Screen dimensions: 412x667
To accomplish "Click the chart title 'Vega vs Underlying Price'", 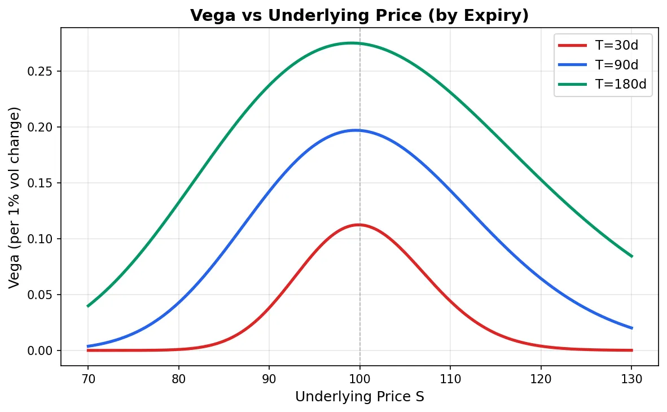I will (x=359, y=15).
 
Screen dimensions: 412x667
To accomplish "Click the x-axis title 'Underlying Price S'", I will (x=359, y=397).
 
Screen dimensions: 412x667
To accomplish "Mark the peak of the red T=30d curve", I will (x=358, y=225).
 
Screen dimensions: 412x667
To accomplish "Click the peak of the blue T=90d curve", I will (x=356, y=130).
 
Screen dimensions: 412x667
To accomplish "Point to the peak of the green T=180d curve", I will (x=351, y=43).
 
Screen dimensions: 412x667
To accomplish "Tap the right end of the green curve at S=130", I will (x=631, y=256).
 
